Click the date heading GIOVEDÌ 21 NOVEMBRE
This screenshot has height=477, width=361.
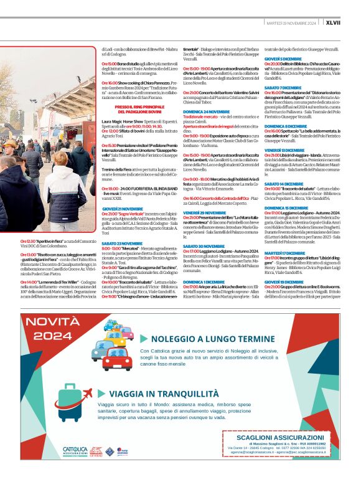122,209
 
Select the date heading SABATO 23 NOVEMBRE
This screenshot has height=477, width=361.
121,243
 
